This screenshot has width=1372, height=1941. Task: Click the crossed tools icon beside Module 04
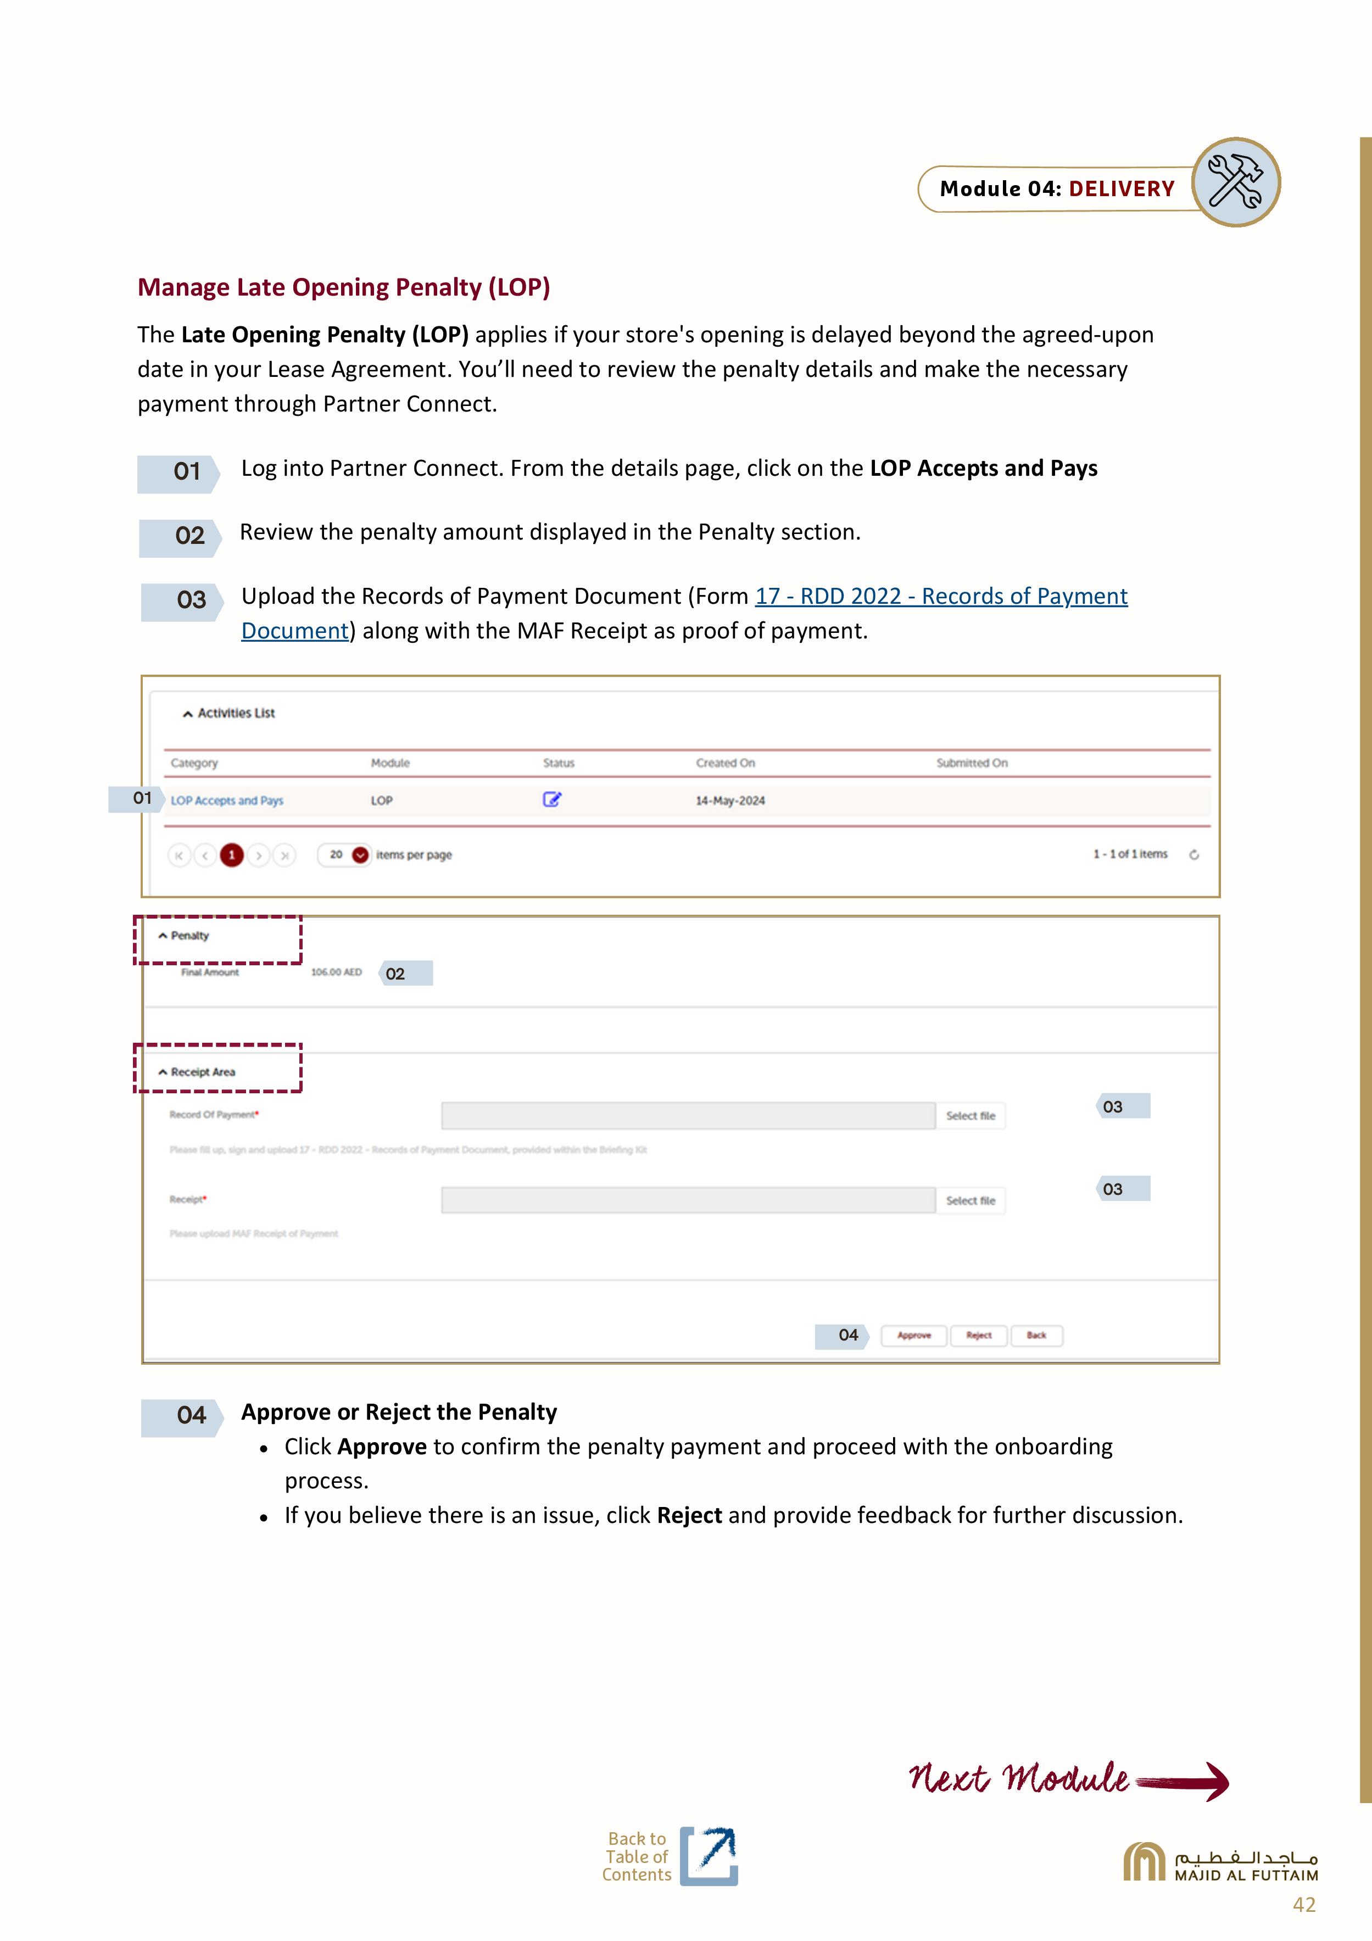[x=1235, y=182]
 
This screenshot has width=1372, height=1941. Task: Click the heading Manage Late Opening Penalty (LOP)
[x=343, y=287]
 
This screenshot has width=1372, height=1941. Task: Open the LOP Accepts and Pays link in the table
[x=226, y=800]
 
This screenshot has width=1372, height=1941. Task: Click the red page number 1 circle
[x=232, y=855]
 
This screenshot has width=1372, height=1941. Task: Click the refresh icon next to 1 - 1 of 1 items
[x=1193, y=855]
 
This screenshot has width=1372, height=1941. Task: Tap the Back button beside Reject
[x=1036, y=1335]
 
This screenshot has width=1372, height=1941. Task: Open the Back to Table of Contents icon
[x=709, y=1856]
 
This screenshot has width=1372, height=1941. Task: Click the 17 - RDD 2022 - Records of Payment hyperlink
[x=940, y=596]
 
